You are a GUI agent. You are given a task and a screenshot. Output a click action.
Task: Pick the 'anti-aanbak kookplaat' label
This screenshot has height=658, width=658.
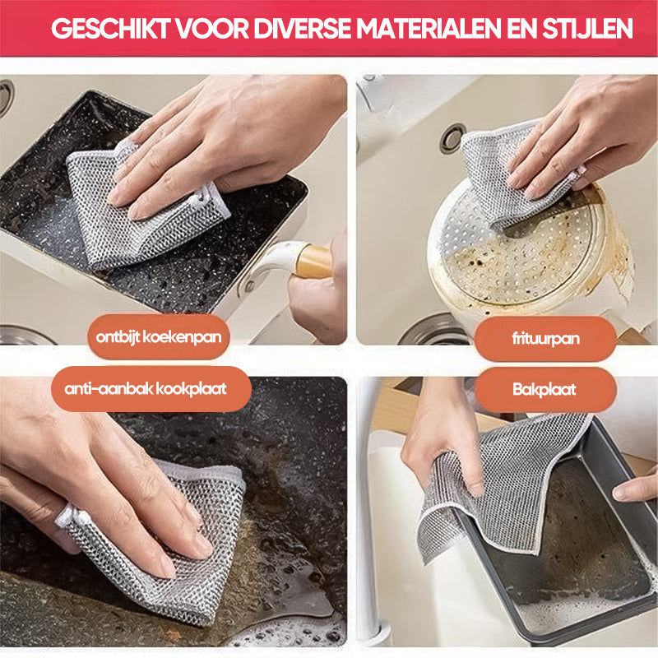tap(146, 389)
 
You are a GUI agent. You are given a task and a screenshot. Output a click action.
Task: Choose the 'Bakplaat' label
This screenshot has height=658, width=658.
tap(546, 389)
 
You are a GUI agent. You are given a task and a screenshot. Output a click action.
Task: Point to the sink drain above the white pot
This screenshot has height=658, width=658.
tap(452, 138)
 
